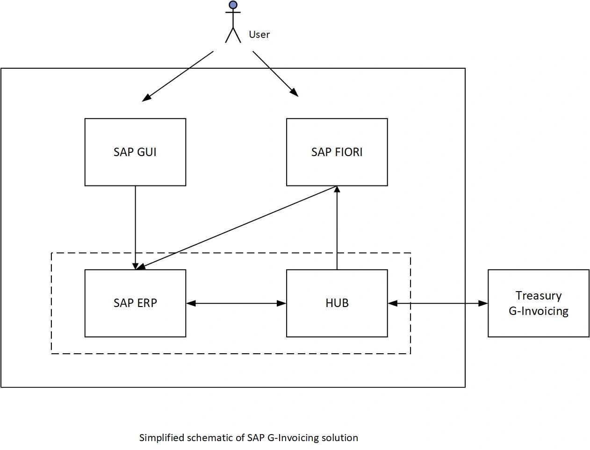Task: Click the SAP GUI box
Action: tap(135, 152)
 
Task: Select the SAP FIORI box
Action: tap(337, 152)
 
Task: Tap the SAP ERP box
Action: tap(135, 303)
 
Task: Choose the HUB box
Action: tap(337, 303)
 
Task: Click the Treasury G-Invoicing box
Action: tap(538, 303)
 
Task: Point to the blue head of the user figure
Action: tap(233, 5)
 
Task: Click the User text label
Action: tap(259, 35)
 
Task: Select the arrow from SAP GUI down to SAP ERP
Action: tap(135, 224)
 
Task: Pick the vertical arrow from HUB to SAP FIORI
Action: tap(337, 229)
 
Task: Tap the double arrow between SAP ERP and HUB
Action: tap(236, 303)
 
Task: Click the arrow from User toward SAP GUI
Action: tap(178, 76)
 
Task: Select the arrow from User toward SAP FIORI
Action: tap(275, 73)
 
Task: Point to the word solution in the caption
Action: tap(340, 438)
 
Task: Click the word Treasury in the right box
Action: tap(538, 295)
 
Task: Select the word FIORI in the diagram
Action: tap(349, 152)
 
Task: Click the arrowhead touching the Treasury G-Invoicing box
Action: tap(483, 303)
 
